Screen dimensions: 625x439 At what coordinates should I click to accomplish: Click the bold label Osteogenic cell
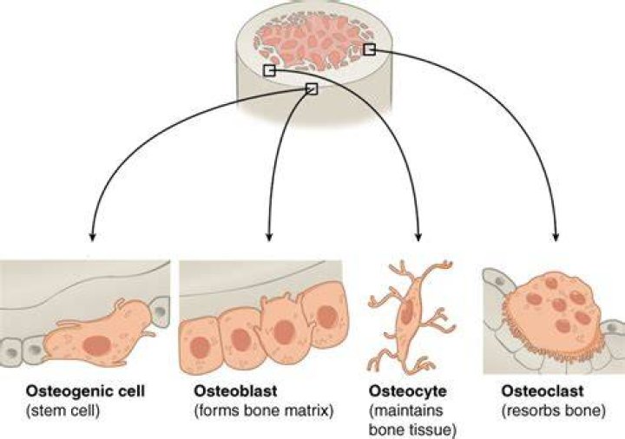pos(85,391)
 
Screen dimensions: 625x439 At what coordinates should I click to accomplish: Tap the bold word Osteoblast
pos(235,390)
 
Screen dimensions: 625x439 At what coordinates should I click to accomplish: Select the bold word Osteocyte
pos(408,391)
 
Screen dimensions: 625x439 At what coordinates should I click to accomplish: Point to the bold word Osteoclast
pos(542,390)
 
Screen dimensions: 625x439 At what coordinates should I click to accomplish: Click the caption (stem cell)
pos(62,410)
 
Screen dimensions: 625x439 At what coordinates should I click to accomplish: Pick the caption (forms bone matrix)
pos(264,410)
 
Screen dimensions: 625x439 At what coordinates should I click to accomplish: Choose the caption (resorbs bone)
pos(554,410)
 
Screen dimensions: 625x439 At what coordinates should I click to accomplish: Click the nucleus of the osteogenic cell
pos(96,345)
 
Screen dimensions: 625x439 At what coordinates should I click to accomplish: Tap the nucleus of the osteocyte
pos(407,312)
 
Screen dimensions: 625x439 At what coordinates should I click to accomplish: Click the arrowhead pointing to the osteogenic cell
pos(93,237)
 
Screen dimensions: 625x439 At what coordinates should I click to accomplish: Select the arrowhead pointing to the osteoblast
pos(268,237)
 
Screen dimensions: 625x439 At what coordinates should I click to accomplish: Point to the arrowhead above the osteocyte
pos(418,237)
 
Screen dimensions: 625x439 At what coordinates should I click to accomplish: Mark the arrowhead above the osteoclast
pos(556,237)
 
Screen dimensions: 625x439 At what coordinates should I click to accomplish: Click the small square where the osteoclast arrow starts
pos(370,49)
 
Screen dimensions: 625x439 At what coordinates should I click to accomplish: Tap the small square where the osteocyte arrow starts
pos(269,70)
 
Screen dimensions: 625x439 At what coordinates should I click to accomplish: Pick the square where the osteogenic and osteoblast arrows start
pos(312,88)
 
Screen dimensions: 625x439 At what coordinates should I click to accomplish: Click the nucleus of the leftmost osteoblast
pos(200,347)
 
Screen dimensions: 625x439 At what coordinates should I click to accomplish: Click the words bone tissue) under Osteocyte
pos(412,430)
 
